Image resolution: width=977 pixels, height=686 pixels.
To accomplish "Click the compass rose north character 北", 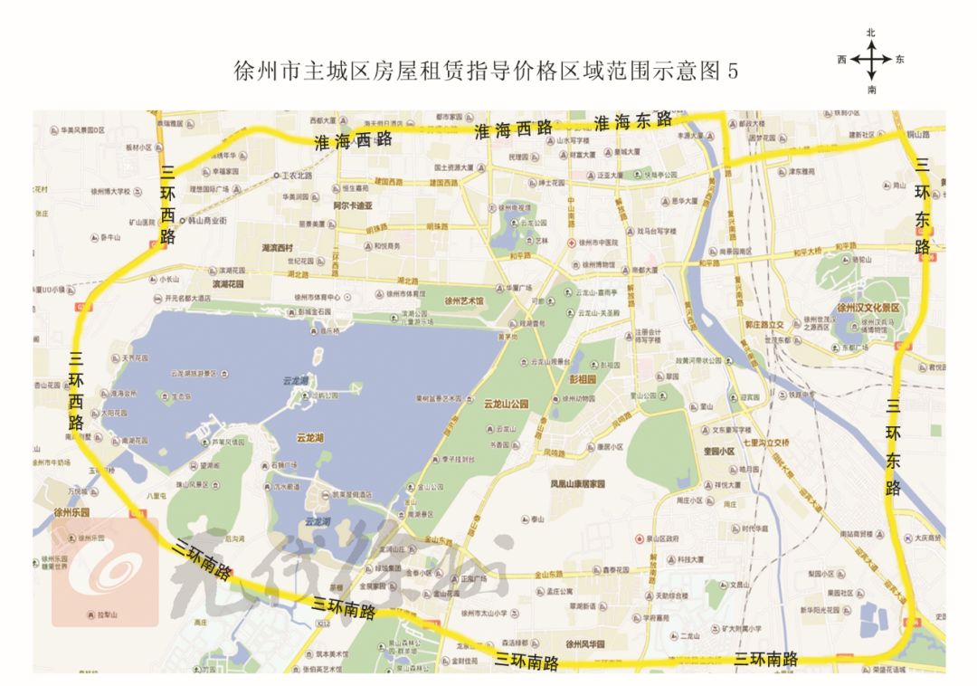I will [871, 33].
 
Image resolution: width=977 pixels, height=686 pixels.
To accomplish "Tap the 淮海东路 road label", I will [633, 121].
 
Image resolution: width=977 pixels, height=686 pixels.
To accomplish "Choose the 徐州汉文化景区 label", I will [868, 309].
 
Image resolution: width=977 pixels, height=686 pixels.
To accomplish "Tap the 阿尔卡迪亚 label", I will [353, 205].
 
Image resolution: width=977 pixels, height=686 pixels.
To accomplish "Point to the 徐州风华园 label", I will [584, 644].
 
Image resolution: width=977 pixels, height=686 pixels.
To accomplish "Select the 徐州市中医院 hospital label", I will [597, 243].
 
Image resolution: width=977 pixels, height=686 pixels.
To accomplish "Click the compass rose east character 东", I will [899, 60].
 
